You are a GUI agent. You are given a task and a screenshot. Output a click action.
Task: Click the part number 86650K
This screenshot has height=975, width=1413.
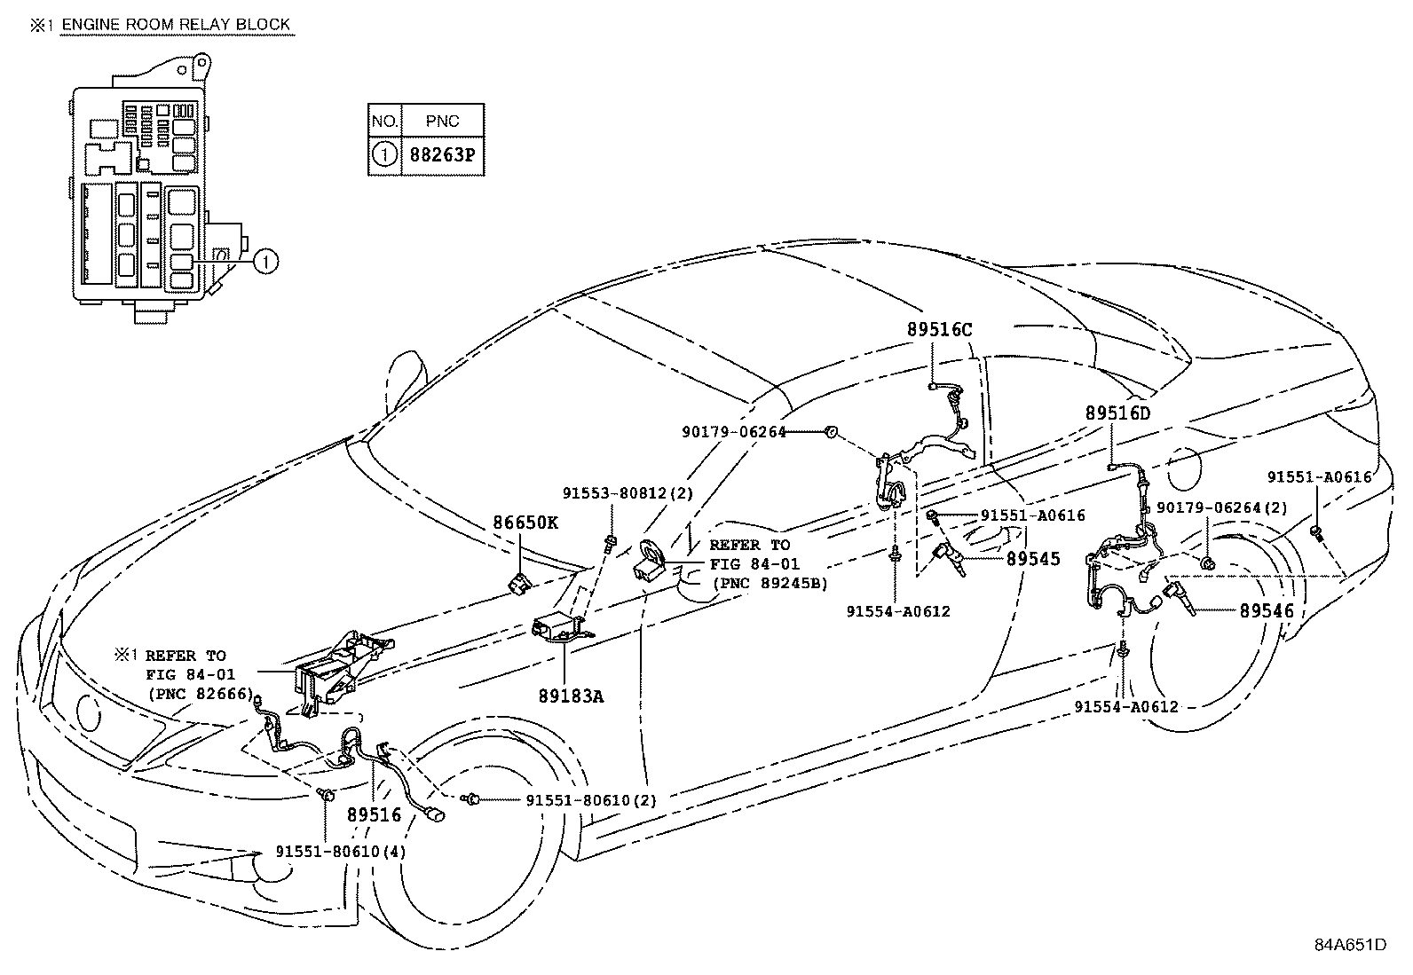tap(525, 523)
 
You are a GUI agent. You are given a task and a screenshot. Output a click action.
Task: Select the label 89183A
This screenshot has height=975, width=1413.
tap(571, 696)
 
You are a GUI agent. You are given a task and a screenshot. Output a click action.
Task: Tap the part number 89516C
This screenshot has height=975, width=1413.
tap(940, 330)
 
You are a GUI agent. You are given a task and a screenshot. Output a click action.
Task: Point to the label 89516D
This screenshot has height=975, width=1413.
tap(1117, 413)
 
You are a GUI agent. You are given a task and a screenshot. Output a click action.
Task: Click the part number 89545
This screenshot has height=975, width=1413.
tap(1033, 559)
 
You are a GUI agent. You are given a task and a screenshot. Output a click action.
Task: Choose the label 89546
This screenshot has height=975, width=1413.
tap(1267, 610)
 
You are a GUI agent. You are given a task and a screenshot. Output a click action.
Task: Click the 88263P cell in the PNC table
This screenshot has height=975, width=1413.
tap(442, 155)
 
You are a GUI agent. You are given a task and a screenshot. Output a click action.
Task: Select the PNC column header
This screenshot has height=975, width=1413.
tap(442, 121)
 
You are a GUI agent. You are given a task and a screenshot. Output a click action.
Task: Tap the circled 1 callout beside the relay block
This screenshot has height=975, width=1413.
tap(265, 261)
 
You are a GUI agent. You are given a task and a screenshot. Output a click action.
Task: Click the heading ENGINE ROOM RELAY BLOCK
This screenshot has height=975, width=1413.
tap(176, 25)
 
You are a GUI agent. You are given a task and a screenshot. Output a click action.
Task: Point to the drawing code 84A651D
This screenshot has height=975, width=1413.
tap(1351, 945)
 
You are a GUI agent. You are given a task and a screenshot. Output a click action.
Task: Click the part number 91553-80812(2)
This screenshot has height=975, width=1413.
tap(628, 493)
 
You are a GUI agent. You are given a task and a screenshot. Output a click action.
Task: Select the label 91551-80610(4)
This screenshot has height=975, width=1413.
tap(341, 852)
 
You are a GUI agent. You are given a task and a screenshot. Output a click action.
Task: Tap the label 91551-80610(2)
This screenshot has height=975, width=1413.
tap(591, 800)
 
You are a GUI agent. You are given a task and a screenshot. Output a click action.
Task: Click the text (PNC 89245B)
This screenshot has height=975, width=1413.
tap(770, 584)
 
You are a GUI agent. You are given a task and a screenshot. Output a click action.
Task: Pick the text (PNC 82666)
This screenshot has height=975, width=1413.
tap(201, 694)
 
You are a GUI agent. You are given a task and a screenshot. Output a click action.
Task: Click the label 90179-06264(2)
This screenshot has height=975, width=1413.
tap(1222, 507)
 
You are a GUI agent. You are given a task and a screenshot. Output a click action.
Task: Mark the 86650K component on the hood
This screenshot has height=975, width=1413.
tap(520, 584)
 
